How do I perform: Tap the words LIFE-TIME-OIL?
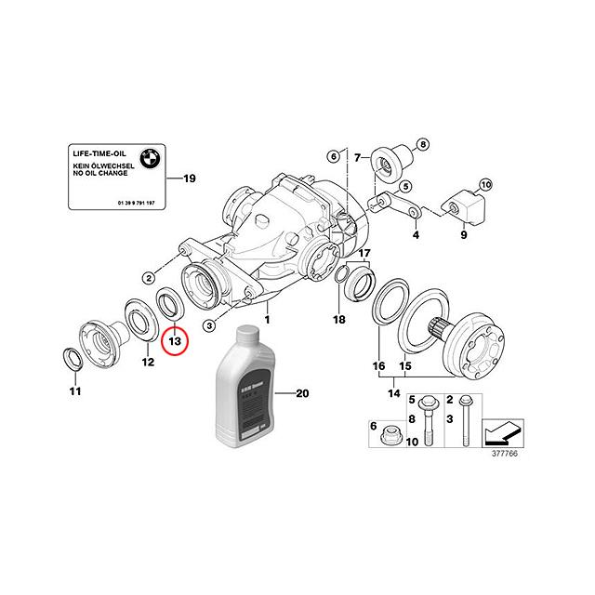point(96,150)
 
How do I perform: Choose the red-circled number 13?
point(174,341)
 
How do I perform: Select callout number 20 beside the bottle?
point(301,394)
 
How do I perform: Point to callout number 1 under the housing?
point(268,318)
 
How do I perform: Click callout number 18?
point(339,320)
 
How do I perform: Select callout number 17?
point(364,254)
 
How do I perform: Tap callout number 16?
point(378,366)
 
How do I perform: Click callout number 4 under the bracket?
point(416,236)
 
